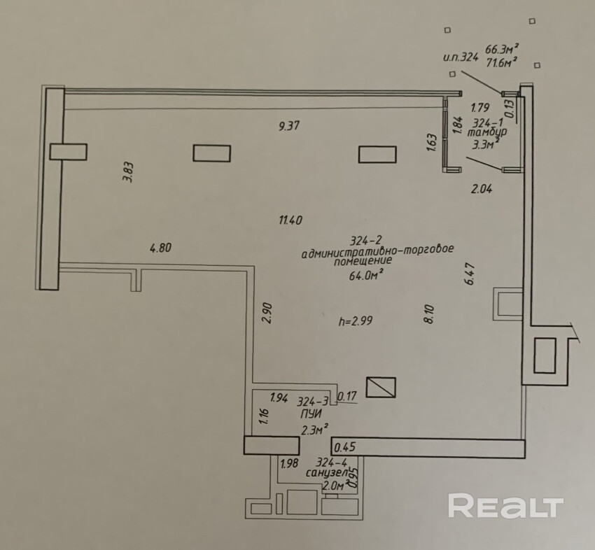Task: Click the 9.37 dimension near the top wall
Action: pyautogui.click(x=290, y=127)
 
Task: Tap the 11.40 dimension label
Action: pyautogui.click(x=290, y=220)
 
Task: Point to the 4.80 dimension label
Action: pyautogui.click(x=160, y=247)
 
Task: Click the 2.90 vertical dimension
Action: pyautogui.click(x=266, y=312)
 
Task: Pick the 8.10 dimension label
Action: pyautogui.click(x=429, y=312)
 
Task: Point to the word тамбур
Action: pyautogui.click(x=488, y=131)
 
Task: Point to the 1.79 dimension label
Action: pyautogui.click(x=479, y=108)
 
